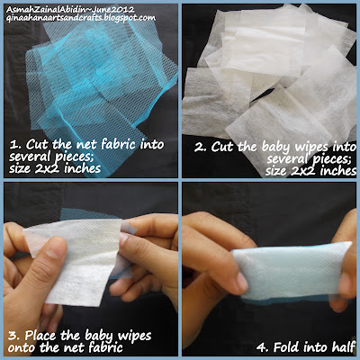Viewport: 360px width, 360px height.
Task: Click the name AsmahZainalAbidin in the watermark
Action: click(x=44, y=10)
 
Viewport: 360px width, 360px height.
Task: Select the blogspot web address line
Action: click(x=81, y=18)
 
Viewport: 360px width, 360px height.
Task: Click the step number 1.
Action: click(x=13, y=145)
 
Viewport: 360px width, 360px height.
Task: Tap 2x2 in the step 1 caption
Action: click(x=47, y=168)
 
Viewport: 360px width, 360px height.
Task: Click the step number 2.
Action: click(x=200, y=148)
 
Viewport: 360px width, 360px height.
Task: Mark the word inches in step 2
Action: click(x=338, y=171)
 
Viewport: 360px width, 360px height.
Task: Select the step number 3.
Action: click(x=13, y=336)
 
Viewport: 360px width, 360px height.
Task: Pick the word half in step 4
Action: click(x=344, y=347)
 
